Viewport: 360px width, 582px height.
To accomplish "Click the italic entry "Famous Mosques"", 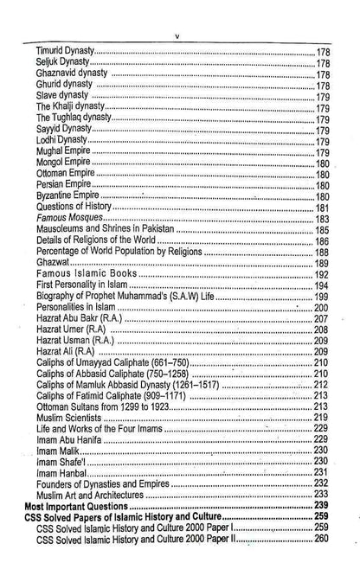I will [x=68, y=220].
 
